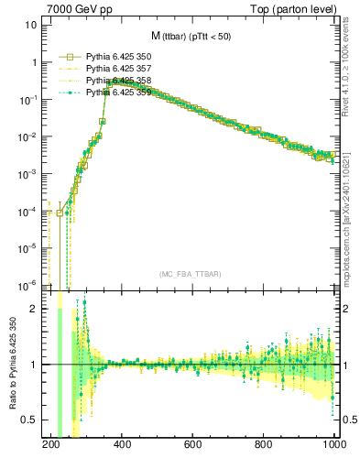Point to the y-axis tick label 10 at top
(31, 25)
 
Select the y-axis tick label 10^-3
(27, 173)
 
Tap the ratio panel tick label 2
(35, 309)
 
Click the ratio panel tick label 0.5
(30, 420)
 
